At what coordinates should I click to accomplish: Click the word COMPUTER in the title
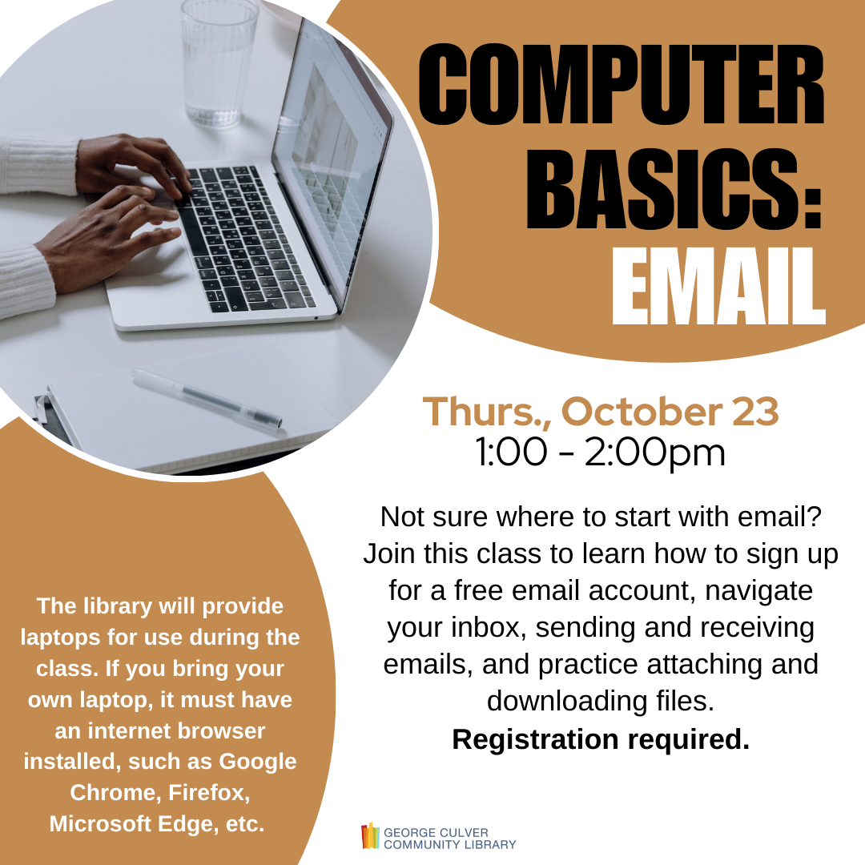click(x=621, y=85)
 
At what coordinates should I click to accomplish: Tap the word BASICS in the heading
click(x=662, y=189)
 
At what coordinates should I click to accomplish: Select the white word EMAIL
click(x=718, y=286)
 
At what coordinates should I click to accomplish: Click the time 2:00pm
click(x=655, y=453)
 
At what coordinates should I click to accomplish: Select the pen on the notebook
click(x=207, y=398)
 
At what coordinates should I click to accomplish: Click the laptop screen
click(x=332, y=166)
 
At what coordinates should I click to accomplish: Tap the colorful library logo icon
click(x=370, y=835)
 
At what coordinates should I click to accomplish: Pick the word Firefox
click(x=209, y=793)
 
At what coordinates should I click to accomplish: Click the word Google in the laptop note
click(x=258, y=762)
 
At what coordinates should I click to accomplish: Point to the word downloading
click(x=566, y=701)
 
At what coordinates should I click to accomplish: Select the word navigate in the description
click(x=759, y=591)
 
